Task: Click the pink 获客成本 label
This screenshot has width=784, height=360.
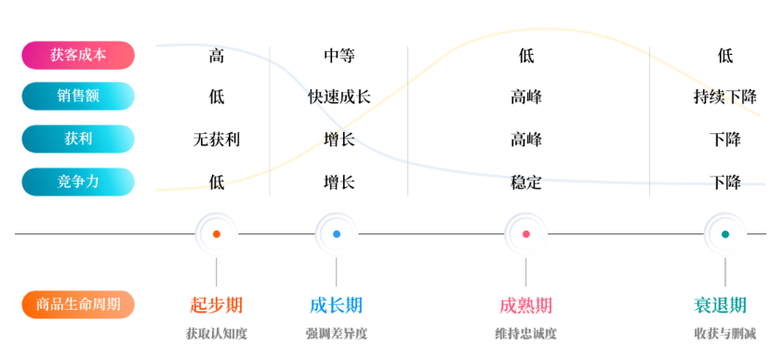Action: coord(78,55)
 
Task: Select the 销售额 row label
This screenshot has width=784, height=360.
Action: coord(78,97)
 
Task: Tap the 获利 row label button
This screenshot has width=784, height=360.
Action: coord(78,140)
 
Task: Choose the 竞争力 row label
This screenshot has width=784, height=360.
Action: coord(78,181)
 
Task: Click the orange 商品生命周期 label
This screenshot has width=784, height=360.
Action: coord(78,304)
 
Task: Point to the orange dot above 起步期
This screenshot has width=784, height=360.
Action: coord(217,234)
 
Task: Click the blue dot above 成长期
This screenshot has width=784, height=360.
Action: coord(337,234)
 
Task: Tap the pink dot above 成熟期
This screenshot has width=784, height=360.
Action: coord(526,234)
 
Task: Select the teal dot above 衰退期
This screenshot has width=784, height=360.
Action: coord(725,234)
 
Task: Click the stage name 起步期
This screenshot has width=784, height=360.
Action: coord(217,305)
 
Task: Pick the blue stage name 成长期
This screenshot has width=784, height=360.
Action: coord(337,305)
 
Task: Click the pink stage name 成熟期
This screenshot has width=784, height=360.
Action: coord(526,305)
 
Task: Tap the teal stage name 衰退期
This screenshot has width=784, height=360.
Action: coord(721,305)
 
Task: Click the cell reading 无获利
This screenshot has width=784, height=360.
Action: coord(217,140)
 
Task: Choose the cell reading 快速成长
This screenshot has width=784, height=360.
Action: coord(339,97)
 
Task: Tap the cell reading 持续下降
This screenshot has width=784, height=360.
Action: coord(725,97)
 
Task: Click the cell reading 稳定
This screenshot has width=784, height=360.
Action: coord(526,182)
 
